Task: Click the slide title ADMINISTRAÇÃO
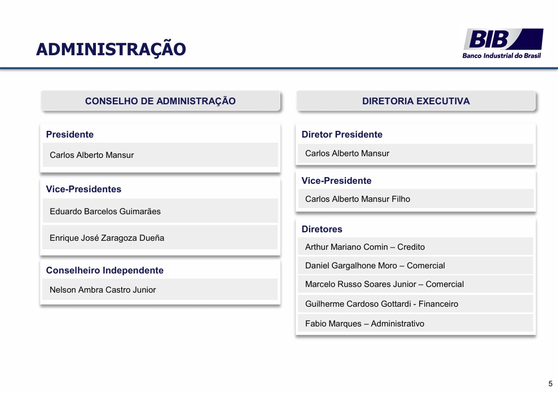111,49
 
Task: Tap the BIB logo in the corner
503,43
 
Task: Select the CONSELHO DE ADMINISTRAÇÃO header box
160,101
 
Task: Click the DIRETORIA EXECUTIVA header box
416,101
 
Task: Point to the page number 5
551,384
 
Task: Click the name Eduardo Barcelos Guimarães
105,211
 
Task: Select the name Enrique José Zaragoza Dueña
107,238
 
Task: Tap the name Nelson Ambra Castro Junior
103,290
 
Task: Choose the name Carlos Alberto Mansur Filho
358,199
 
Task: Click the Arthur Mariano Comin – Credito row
415,246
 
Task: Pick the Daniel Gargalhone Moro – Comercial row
415,266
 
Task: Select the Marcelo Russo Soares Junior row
415,284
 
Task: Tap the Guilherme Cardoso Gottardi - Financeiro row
415,304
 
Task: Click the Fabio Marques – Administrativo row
415,323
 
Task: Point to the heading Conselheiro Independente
104,270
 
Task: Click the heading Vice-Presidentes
84,189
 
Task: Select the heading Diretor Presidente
342,134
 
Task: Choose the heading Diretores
322,229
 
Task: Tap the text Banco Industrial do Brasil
502,55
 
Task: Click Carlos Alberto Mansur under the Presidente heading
91,155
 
